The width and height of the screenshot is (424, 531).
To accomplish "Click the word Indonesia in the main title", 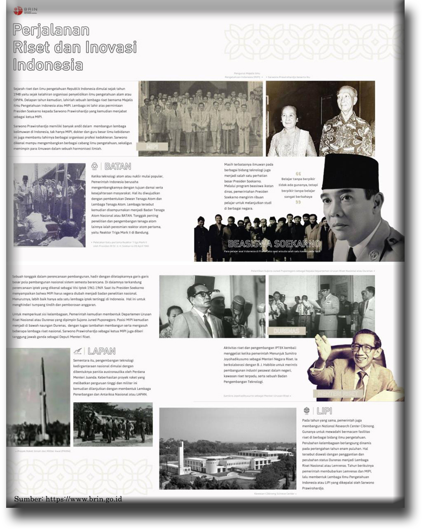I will (48, 65).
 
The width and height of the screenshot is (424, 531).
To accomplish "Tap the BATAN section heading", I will (117, 166).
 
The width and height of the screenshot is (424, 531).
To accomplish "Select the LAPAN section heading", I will (101, 351).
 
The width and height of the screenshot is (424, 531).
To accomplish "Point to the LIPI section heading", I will (324, 411).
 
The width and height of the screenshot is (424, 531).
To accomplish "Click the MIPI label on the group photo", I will (152, 147).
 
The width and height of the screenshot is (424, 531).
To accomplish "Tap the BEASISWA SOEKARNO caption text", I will (274, 244).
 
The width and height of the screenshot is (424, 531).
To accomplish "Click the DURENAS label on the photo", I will (286, 331).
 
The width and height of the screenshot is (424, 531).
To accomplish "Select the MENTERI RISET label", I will (338, 394).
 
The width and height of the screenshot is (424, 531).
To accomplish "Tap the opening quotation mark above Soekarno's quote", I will (298, 174).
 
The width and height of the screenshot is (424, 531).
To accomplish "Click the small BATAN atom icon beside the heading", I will (95, 166).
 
